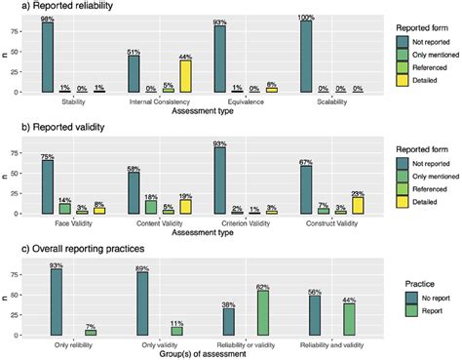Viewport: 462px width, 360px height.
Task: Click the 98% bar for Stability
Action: tap(48, 58)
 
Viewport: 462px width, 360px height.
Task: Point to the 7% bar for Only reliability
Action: tap(90, 332)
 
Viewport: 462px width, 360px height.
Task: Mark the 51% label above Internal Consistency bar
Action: tap(135, 51)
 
